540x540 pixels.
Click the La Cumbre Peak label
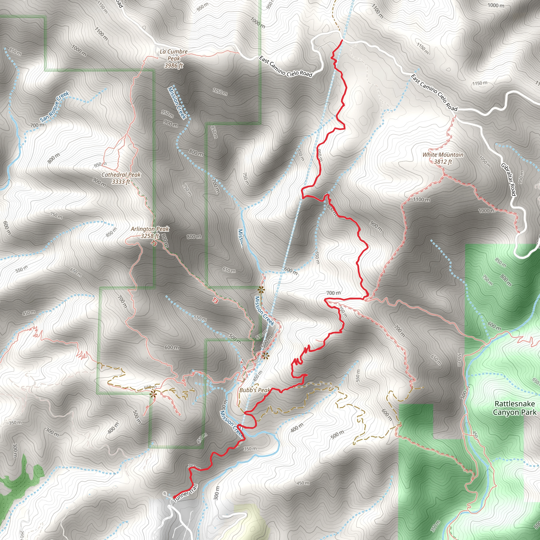click(173, 59)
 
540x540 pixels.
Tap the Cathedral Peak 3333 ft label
click(121, 178)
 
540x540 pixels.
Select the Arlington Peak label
click(150, 232)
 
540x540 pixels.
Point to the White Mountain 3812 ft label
click(443, 158)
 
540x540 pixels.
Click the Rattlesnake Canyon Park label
click(515, 408)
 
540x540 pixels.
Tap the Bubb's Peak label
click(255, 390)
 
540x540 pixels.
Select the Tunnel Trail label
click(186, 493)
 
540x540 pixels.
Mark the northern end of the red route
click(342, 41)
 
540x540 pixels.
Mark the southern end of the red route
click(174, 498)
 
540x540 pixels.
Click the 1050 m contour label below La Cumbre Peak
click(220, 92)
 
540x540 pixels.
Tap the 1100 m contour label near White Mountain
click(422, 200)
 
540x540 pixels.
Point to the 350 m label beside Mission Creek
click(250, 449)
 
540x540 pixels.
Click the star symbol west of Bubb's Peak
click(153, 394)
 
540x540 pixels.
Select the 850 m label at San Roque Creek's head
click(15, 51)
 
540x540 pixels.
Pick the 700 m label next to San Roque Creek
click(37, 126)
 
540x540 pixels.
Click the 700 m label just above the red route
click(334, 293)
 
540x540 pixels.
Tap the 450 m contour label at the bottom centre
click(303, 483)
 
